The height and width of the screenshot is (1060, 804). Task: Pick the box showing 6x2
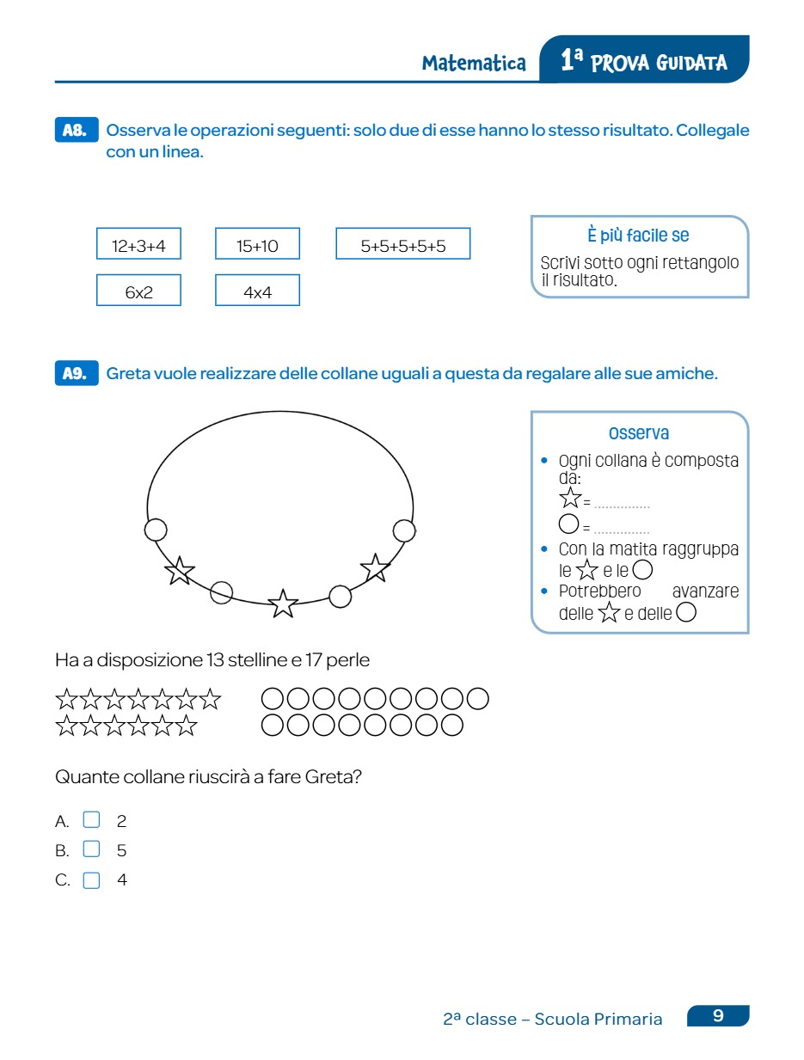tap(138, 291)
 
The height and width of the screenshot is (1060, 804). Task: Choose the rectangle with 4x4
tap(257, 291)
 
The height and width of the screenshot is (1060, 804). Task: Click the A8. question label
tap(76, 131)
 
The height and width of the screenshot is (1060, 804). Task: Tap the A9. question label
tap(76, 374)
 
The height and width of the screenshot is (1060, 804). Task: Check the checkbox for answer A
tap(91, 820)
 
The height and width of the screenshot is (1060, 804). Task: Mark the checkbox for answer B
tap(91, 849)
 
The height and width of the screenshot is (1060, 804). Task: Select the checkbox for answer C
tap(91, 879)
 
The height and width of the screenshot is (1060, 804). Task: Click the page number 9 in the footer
tap(718, 1016)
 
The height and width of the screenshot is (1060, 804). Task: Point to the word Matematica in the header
tap(474, 63)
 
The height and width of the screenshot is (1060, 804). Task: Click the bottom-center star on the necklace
tap(283, 604)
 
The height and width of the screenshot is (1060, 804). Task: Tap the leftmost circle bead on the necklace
tap(156, 530)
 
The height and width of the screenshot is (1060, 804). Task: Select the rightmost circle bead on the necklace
tap(404, 530)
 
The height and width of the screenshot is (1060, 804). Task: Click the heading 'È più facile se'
tap(639, 236)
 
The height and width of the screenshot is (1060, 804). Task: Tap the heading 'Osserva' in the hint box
tap(639, 433)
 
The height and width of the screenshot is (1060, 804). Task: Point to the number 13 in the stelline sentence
tap(215, 660)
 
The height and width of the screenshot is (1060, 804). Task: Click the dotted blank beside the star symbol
tap(622, 505)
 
